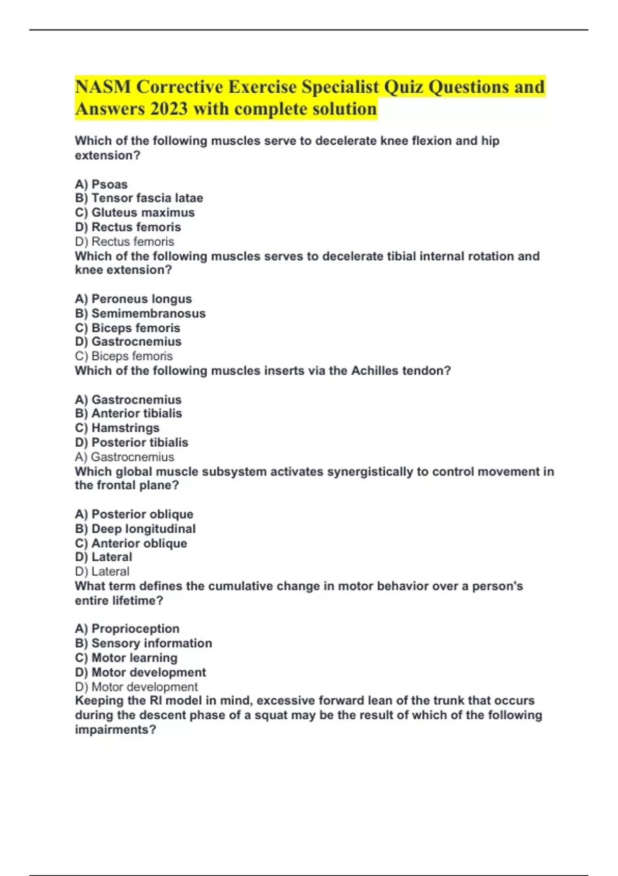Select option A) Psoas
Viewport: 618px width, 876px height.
tap(101, 184)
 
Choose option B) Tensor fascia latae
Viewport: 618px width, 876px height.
tap(139, 198)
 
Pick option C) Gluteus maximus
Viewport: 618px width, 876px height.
tap(135, 212)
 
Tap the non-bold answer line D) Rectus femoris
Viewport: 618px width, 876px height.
tap(125, 241)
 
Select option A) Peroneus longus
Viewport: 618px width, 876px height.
tap(133, 299)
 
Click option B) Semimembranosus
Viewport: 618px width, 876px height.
tap(140, 313)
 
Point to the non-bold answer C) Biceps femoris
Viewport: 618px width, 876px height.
tap(124, 356)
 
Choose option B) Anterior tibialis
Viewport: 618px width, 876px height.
tap(129, 413)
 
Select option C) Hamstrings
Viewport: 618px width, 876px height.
tap(117, 428)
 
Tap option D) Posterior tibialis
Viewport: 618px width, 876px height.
tap(132, 442)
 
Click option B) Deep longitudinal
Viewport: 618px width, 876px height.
tap(135, 529)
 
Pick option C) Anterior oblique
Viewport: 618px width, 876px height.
tap(131, 543)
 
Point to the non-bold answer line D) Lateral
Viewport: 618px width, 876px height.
tap(102, 571)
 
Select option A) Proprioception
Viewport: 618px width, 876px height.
tap(127, 629)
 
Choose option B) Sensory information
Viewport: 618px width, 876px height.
tap(144, 643)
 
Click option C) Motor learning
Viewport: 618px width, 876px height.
tap(126, 658)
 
